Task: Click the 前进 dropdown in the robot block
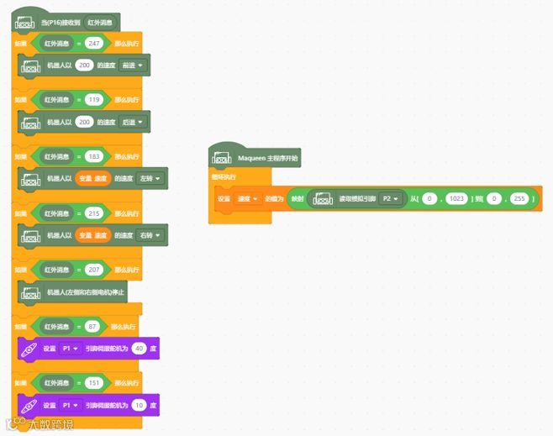134,65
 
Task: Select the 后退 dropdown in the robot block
134,122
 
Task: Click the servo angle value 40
139,349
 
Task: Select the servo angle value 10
139,405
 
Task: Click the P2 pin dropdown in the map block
389,198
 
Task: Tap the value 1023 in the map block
456,198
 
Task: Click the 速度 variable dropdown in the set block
247,198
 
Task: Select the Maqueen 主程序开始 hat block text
266,157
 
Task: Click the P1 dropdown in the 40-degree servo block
69,349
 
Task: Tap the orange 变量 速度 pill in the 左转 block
92,178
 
